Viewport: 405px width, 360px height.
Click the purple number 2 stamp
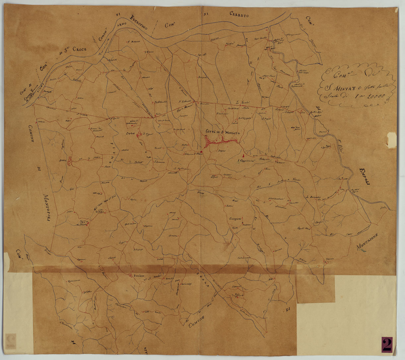pos(387,344)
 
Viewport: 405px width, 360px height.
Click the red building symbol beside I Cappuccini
pos(243,155)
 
